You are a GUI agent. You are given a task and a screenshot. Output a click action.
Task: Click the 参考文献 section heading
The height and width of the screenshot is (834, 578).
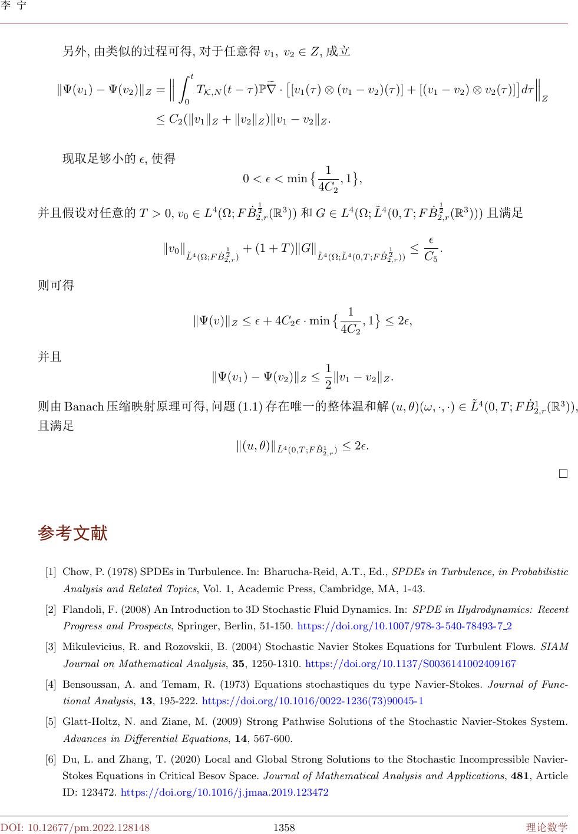72,533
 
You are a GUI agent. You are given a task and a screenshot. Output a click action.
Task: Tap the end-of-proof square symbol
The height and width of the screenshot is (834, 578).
563,473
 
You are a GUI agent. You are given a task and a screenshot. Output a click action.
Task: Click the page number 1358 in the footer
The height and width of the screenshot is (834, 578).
284,828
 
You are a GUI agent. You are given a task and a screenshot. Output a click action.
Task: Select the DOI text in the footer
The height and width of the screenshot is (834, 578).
75,828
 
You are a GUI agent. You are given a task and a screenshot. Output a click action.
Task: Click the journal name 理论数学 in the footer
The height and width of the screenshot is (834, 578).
547,828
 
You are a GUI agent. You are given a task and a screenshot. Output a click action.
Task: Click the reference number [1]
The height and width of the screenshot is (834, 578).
51,572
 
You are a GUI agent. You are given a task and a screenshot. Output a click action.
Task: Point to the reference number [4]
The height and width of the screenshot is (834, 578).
51,685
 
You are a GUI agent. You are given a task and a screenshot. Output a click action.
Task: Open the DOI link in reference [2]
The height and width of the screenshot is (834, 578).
405,626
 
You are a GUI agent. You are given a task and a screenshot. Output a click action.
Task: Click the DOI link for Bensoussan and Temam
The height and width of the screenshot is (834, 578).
312,701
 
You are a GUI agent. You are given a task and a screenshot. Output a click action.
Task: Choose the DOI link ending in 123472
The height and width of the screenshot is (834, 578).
224,792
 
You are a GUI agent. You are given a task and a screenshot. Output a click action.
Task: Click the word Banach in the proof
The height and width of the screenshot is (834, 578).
84,406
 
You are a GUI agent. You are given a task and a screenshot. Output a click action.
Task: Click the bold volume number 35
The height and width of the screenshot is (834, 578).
238,664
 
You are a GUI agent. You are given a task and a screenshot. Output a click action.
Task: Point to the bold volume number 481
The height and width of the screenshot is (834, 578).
518,776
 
